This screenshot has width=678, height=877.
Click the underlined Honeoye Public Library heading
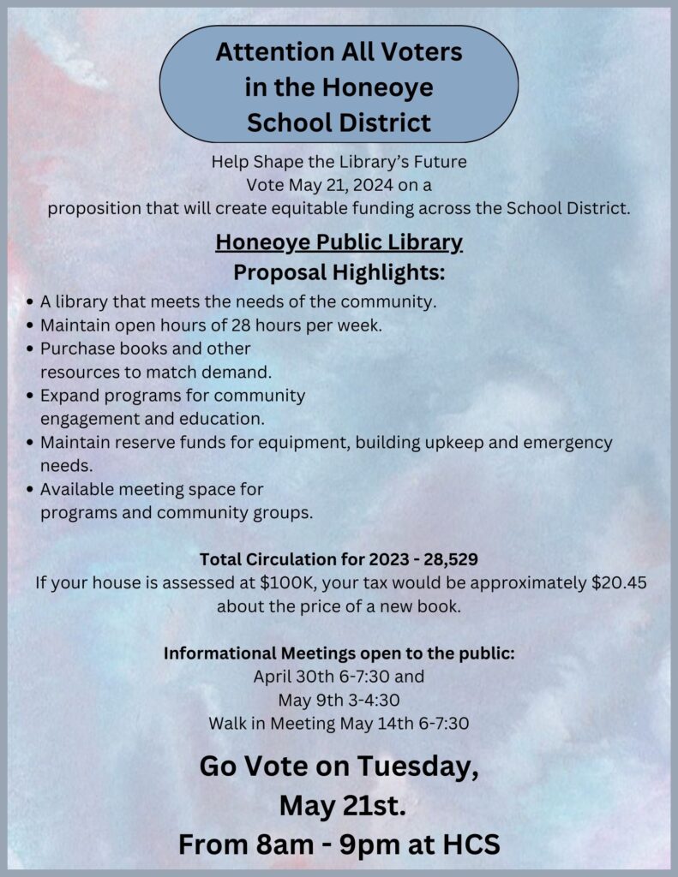click(x=339, y=243)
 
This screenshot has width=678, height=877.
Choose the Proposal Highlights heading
click(x=339, y=273)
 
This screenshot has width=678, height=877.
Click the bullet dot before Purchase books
click(x=31, y=350)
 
